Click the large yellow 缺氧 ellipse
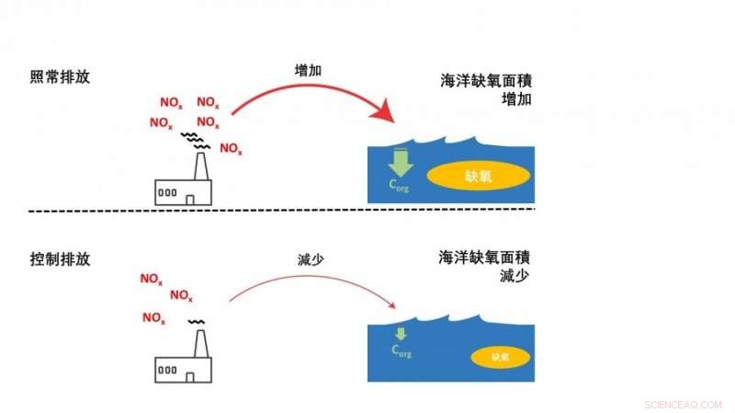[479, 177]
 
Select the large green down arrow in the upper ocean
[401, 163]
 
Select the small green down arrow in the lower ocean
[401, 333]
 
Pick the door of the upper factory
[188, 199]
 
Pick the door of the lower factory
[189, 376]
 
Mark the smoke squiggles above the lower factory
[197, 323]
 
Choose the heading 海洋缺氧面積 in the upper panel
[486, 81]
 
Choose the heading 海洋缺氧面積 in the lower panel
[486, 258]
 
